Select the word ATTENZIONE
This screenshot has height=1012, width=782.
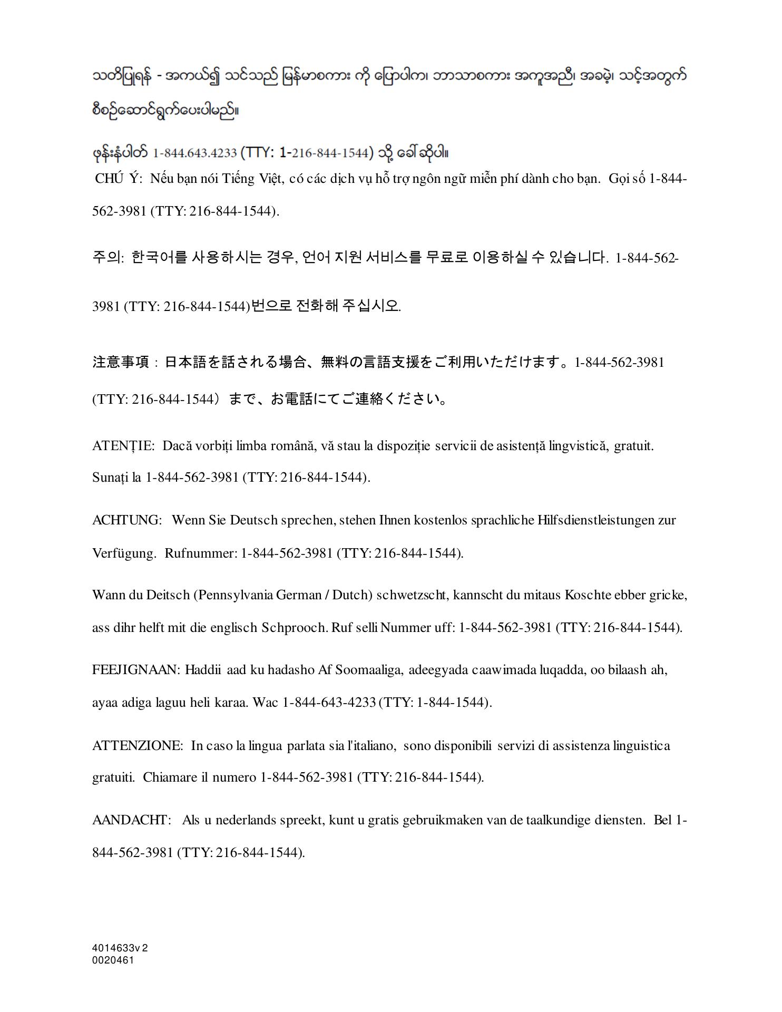tap(137, 746)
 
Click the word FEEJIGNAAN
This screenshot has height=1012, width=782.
tap(136, 670)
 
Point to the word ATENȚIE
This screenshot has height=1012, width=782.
tap(123, 446)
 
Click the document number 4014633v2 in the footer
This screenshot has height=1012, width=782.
tap(120, 948)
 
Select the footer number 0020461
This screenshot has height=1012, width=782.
tap(113, 960)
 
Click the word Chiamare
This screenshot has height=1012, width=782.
tap(171, 777)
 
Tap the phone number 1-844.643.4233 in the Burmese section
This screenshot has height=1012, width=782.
tap(194, 153)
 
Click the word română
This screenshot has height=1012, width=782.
tap(292, 446)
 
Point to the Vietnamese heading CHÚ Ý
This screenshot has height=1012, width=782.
tap(119, 179)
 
